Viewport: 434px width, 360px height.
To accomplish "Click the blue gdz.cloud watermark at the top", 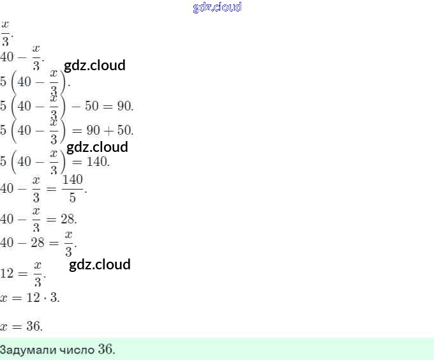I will pyautogui.click(x=217, y=8).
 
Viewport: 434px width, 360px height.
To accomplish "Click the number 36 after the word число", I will pyautogui.click(x=106, y=350).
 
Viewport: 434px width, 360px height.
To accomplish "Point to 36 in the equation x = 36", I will pyautogui.click(x=34, y=326).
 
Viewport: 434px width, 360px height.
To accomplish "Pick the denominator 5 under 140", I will pyautogui.click(x=72, y=197).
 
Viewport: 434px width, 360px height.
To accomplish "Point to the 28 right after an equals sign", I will pyautogui.click(x=68, y=220).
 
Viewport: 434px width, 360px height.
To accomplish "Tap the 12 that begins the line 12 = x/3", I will pyautogui.click(x=8, y=274).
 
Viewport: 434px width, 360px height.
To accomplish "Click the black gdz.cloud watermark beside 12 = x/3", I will pyautogui.click(x=100, y=264).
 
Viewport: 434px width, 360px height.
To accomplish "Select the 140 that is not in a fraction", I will pyautogui.click(x=99, y=161).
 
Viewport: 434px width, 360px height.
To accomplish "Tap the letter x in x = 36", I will pyautogui.click(x=4, y=327).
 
